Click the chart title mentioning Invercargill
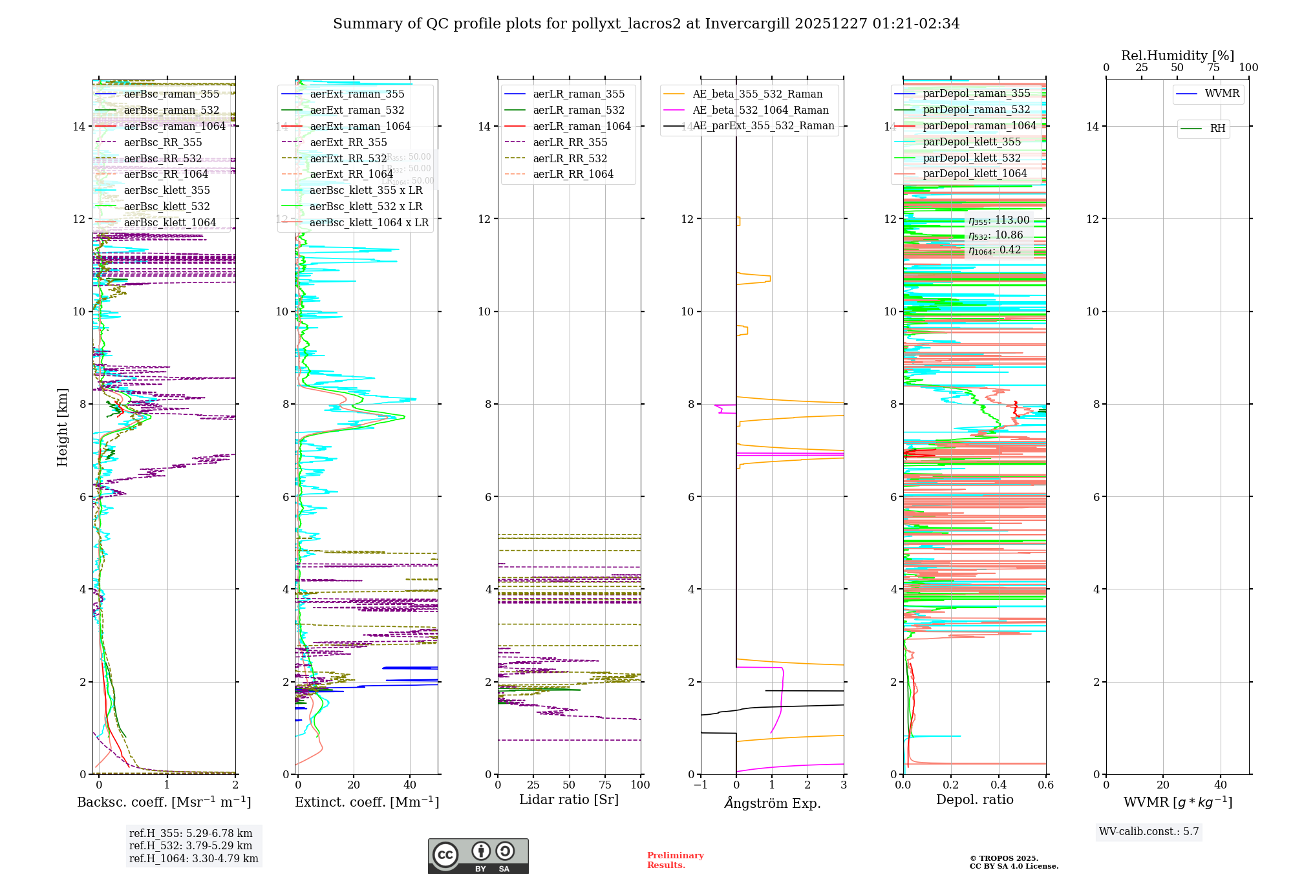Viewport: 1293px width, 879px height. (646, 24)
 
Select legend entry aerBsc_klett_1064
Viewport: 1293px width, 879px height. (169, 222)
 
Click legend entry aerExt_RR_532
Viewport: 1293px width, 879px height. (348, 158)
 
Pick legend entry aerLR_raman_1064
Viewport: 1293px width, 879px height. (581, 126)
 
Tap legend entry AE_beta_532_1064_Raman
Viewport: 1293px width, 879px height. (760, 110)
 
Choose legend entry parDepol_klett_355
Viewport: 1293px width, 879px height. (972, 142)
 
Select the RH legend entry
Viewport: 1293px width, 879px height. (1217, 129)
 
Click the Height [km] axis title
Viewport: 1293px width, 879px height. (62, 427)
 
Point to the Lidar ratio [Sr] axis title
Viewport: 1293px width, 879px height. (569, 800)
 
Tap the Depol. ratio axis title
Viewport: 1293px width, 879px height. (974, 800)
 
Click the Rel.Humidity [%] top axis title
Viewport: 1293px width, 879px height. (1177, 56)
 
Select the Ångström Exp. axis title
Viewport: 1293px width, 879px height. (772, 803)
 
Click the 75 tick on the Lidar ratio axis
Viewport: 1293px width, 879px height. (605, 785)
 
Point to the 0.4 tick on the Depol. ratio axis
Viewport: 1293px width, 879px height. (998, 785)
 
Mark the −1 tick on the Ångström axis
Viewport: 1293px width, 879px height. (700, 785)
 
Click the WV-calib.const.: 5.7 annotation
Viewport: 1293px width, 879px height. (1149, 832)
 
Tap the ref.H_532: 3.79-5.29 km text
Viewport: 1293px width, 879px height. (191, 845)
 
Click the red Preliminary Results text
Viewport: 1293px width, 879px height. (675, 860)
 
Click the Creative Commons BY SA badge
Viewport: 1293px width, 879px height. (478, 856)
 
